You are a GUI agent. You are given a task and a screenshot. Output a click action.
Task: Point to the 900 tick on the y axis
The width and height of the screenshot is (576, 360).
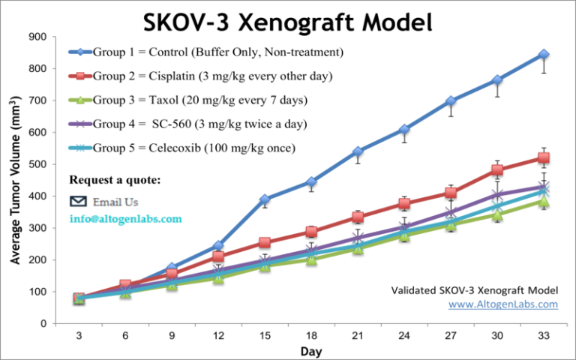[37, 37]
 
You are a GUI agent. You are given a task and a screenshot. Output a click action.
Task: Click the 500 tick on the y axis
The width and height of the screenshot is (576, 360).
[37, 164]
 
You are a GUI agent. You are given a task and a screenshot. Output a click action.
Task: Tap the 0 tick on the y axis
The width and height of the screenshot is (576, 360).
[44, 324]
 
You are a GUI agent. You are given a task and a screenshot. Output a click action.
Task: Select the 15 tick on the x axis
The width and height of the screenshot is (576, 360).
[265, 336]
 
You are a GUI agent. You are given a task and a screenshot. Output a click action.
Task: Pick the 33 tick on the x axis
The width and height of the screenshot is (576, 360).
[543, 336]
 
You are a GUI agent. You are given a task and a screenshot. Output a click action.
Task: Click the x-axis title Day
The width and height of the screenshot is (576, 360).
[311, 350]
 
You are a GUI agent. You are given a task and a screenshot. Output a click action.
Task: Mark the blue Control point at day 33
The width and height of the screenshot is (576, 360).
[543, 55]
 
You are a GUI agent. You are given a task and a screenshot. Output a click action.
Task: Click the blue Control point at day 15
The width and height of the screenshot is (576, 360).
[265, 200]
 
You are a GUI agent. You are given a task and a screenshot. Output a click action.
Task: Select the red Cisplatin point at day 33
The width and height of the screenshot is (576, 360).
[543, 158]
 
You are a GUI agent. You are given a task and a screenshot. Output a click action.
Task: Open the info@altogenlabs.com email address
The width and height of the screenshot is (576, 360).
[125, 219]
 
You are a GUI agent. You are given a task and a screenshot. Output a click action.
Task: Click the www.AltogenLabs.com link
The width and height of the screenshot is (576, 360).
[502, 304]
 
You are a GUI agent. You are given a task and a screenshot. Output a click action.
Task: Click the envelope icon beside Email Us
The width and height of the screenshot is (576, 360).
[78, 201]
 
